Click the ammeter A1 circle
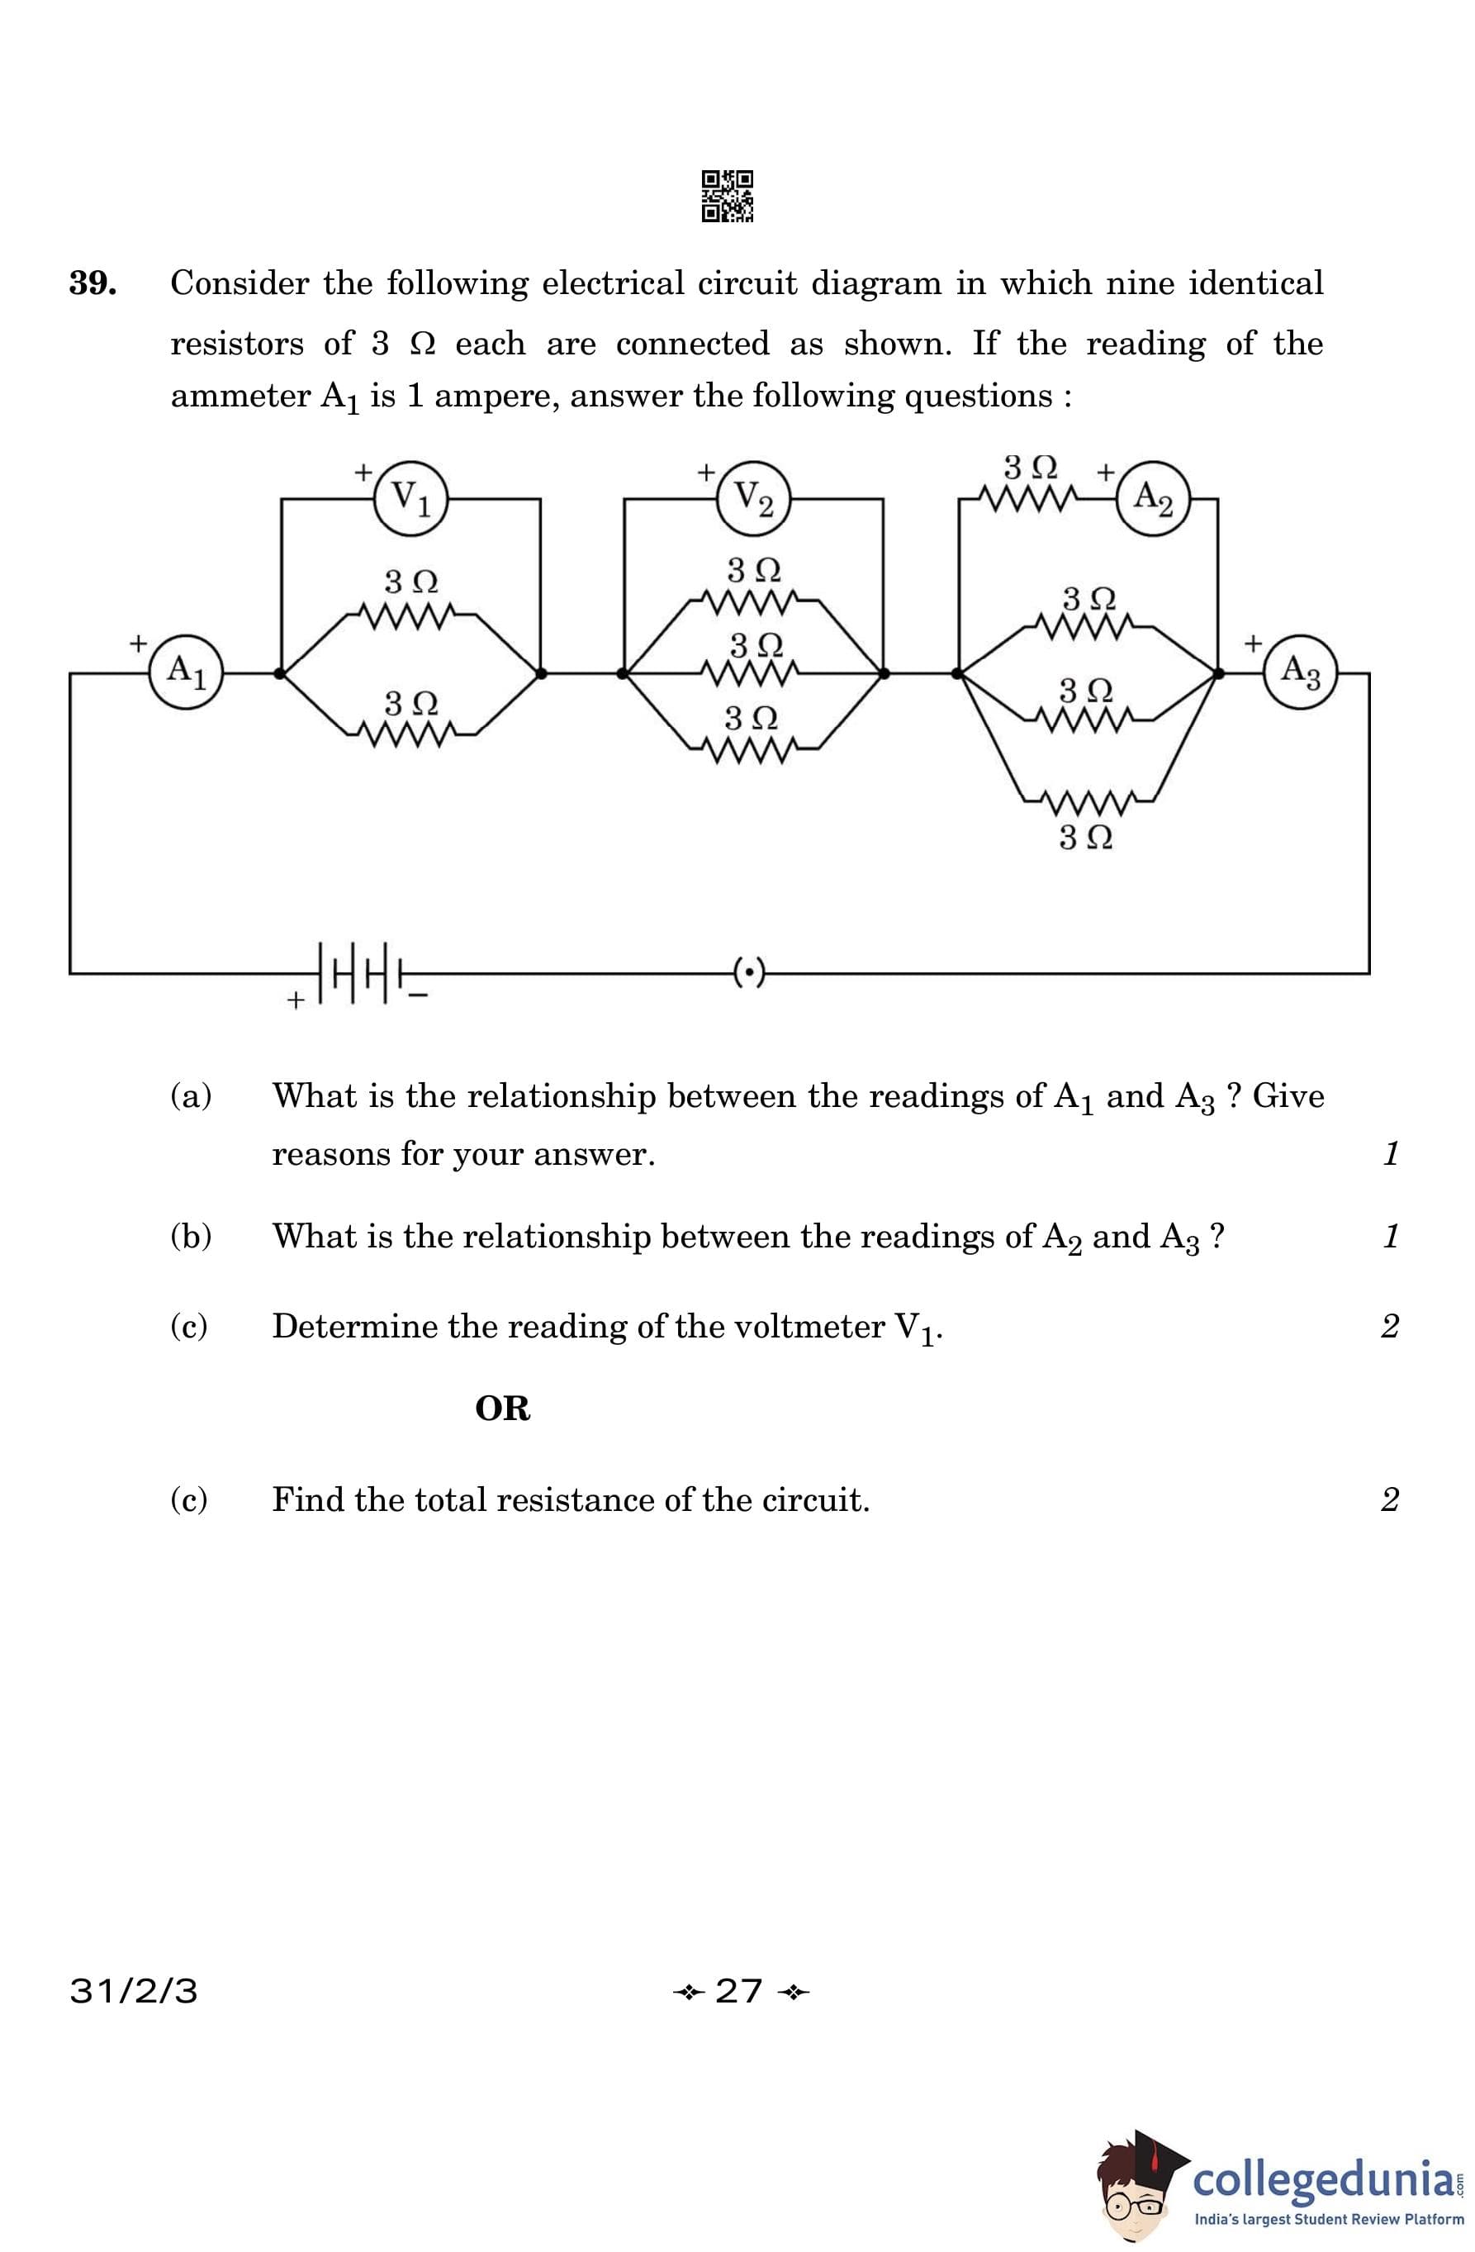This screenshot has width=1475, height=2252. [186, 672]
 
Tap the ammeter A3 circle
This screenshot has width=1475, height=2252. [1301, 672]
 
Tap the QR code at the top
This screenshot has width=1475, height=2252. [728, 196]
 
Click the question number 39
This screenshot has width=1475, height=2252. [92, 283]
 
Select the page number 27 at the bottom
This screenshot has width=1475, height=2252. [739, 1991]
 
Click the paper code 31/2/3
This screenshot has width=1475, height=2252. [134, 1991]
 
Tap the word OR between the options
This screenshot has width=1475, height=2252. [502, 1409]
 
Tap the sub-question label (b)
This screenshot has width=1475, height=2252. [190, 1236]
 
